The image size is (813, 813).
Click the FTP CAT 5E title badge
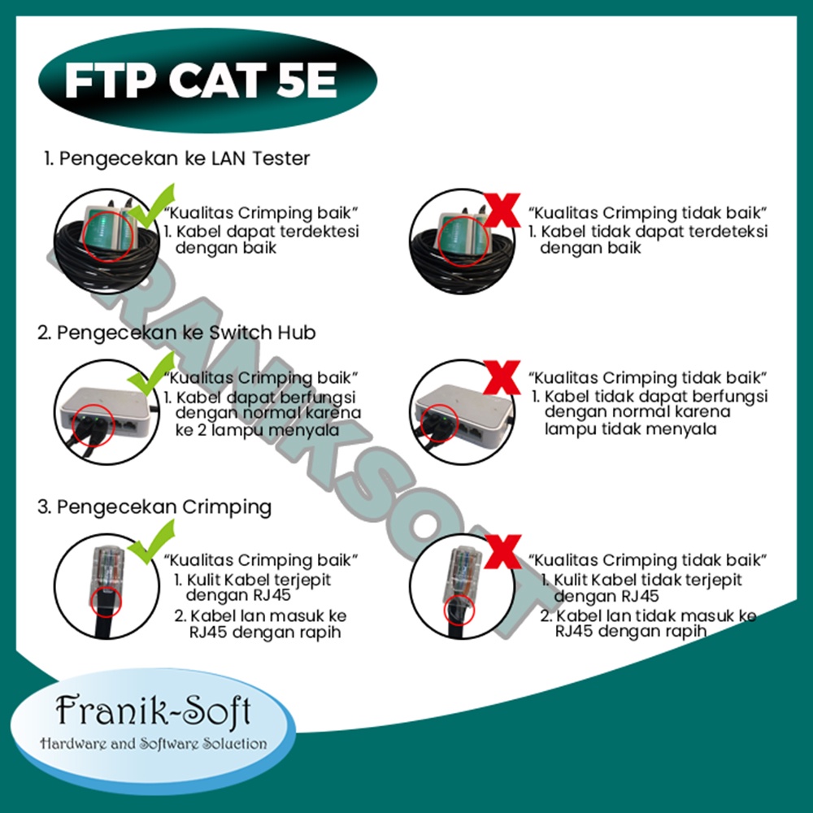click(207, 80)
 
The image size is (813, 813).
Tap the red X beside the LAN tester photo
click(502, 211)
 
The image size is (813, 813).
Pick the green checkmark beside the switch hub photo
click(151, 373)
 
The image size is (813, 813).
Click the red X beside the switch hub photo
click(502, 377)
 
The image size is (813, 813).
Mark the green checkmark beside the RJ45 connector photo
click(151, 541)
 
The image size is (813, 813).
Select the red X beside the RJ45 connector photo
click(503, 552)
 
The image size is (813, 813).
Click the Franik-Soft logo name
click(154, 710)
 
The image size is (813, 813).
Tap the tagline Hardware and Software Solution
click(154, 744)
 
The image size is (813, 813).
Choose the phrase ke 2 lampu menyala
click(257, 430)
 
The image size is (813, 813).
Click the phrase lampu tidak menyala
click(631, 429)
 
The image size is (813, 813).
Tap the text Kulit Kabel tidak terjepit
click(648, 580)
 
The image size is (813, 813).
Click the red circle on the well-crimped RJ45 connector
click(106, 602)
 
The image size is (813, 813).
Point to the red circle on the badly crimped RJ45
click(459, 609)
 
